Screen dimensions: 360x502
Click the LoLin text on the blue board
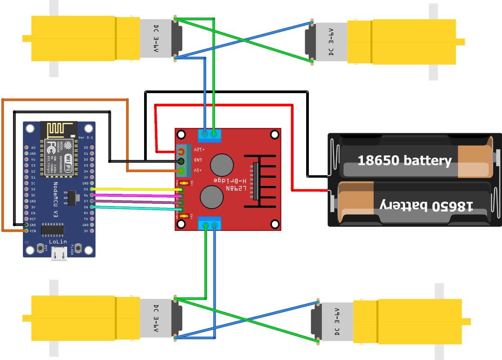click(59, 242)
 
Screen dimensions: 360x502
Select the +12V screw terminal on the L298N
click(182, 151)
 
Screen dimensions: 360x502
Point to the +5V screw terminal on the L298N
click(182, 171)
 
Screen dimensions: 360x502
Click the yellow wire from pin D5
click(135, 189)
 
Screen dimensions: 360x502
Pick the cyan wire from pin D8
click(135, 207)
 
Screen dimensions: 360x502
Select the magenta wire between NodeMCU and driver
click(135, 195)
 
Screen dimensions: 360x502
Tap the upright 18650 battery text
click(404, 160)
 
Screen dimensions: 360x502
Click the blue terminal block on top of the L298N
click(210, 135)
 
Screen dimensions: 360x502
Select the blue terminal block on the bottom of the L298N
click(210, 223)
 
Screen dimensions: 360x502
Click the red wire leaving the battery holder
click(293, 148)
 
